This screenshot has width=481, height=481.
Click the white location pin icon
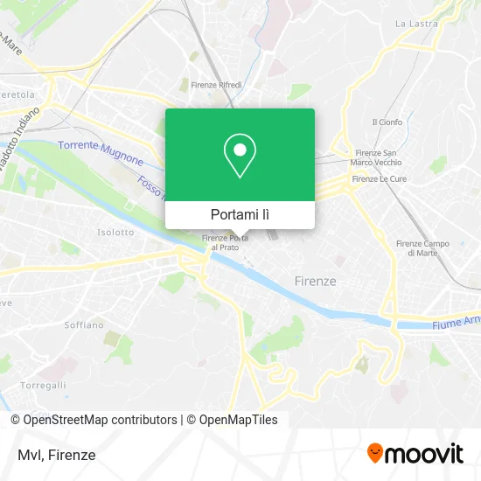(240, 154)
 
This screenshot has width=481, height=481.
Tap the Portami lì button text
(240, 214)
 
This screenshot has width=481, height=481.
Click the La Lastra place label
(416, 24)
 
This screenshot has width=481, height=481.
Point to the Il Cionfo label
(387, 122)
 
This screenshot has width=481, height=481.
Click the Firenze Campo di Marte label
(423, 248)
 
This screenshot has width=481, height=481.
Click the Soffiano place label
(83, 325)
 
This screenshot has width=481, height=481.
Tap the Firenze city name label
(314, 282)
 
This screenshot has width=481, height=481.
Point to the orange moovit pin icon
(375, 454)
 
